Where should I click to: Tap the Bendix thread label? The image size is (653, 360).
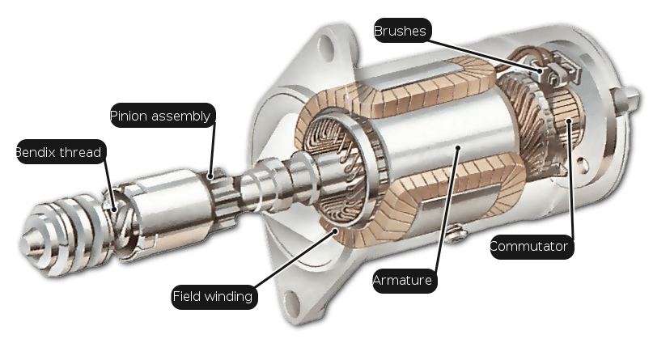61,152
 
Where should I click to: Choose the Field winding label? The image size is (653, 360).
214,297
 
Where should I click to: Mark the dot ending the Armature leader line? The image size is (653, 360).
458,147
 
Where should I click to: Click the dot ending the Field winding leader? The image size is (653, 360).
335,231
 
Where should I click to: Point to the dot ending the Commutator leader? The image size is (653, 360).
570,121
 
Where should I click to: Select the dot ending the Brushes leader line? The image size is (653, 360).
541,70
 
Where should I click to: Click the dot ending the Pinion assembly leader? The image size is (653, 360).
211,176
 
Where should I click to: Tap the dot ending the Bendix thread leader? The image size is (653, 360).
114,210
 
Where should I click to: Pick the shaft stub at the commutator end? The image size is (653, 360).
626,99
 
